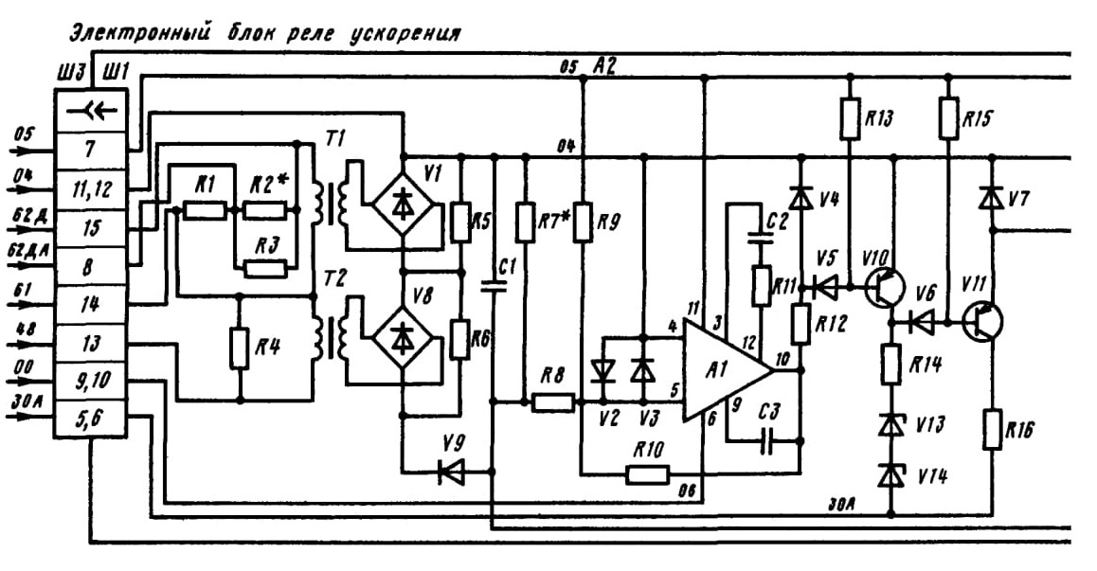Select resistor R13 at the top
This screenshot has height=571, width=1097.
pos(850,118)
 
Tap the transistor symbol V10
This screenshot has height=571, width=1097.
pos(884,286)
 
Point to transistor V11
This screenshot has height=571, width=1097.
pos(981,321)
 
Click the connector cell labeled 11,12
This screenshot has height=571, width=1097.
pos(91,189)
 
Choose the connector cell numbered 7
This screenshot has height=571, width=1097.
pos(91,151)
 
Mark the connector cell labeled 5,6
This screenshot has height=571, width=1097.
pos(91,420)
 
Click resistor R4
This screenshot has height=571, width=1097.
pos(240,348)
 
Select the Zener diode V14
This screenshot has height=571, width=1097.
pos(890,475)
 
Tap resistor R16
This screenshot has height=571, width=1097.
pos(991,429)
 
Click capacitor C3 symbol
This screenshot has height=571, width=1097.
pos(767,441)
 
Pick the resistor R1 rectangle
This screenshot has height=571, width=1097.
pos(205,209)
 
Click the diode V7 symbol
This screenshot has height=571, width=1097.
pos(991,199)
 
